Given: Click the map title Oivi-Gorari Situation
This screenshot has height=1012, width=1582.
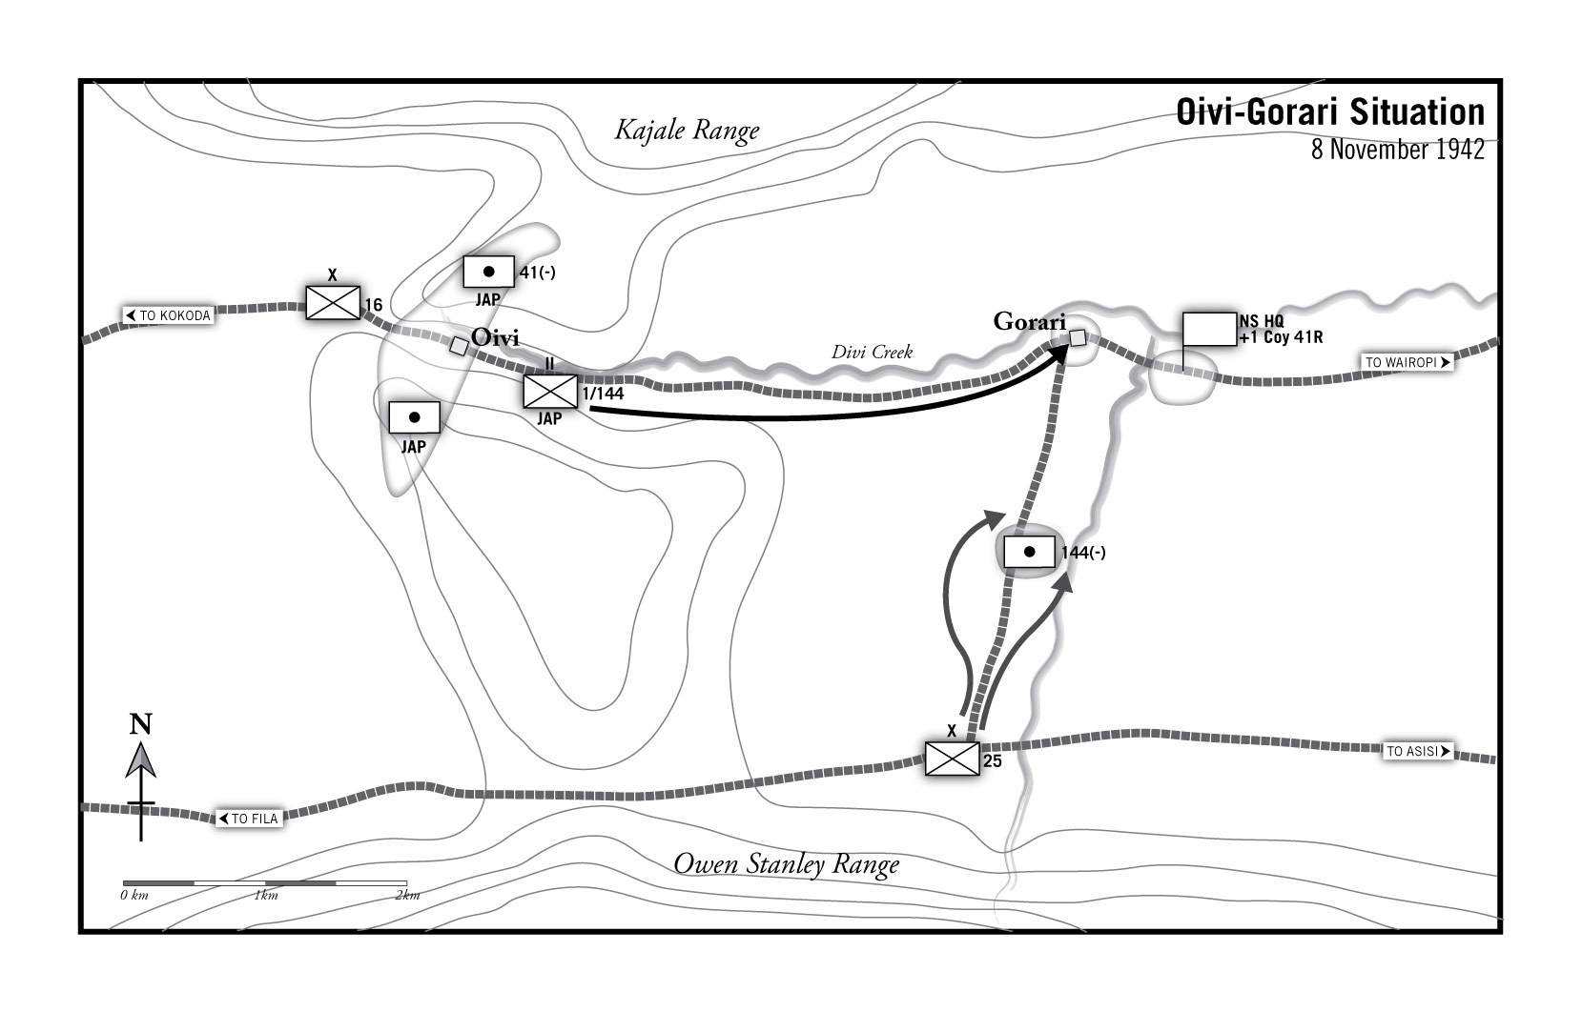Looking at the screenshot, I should click(1329, 112).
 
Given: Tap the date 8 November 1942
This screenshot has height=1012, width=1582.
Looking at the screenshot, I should click(1397, 150).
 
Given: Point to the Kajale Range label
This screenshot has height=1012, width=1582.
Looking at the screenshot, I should click(687, 130).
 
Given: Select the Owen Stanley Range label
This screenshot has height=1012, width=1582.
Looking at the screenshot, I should click(786, 864).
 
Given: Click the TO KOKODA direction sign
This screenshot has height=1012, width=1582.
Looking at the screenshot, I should click(168, 315).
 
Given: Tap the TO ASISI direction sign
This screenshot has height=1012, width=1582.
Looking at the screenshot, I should click(1418, 751).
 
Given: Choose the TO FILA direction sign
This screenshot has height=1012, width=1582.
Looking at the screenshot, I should click(249, 819).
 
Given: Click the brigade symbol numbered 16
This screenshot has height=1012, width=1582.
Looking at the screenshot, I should click(333, 302).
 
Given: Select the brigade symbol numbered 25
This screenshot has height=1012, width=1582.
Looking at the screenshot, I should click(952, 759).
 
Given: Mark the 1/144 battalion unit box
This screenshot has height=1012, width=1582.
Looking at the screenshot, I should click(550, 391).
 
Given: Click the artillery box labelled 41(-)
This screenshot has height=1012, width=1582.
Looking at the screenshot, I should click(488, 272).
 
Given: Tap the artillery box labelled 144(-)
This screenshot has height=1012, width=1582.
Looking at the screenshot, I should click(1029, 552).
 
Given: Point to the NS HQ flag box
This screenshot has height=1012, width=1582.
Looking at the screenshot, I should click(1208, 329).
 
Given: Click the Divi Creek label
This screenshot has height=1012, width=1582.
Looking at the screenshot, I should click(872, 352).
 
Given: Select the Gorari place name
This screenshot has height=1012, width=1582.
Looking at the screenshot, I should click(1029, 321).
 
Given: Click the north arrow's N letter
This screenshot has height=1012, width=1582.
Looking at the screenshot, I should click(141, 724).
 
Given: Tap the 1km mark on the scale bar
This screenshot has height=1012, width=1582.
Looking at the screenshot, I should click(265, 895).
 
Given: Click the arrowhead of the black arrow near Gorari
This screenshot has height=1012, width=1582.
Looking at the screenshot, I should click(1058, 352).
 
